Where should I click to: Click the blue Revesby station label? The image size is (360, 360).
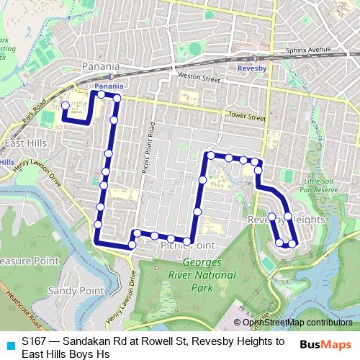point(252,70)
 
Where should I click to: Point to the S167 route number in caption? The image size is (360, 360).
point(33,341)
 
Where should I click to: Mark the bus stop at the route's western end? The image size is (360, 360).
point(65,106)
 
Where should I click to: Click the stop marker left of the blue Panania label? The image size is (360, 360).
point(102,94)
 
